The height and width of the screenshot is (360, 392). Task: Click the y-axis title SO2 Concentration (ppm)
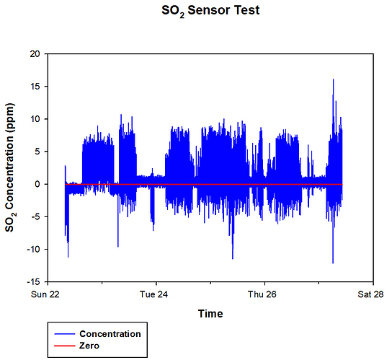pyautogui.click(x=12, y=167)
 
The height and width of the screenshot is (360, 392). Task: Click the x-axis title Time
pyautogui.click(x=210, y=314)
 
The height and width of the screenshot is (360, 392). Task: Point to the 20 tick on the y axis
pyautogui.click(x=34, y=54)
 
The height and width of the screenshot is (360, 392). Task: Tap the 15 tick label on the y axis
pyautogui.click(x=34, y=87)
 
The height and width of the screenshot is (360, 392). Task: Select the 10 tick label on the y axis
pyautogui.click(x=34, y=119)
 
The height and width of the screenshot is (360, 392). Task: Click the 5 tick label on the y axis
pyautogui.click(x=37, y=152)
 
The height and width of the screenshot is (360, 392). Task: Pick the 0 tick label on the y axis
pyautogui.click(x=37, y=184)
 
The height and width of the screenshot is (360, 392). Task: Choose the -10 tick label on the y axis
pyautogui.click(x=32, y=249)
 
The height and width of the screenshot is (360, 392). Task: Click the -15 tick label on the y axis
pyautogui.click(x=32, y=281)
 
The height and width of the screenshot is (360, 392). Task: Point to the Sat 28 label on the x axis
pyautogui.click(x=372, y=294)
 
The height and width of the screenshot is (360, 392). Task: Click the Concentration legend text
pyautogui.click(x=110, y=334)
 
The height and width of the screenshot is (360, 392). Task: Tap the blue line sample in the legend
pyautogui.click(x=63, y=334)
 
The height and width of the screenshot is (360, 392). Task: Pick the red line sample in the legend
pyautogui.click(x=63, y=346)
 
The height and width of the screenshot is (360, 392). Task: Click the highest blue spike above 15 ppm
pyautogui.click(x=333, y=81)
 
